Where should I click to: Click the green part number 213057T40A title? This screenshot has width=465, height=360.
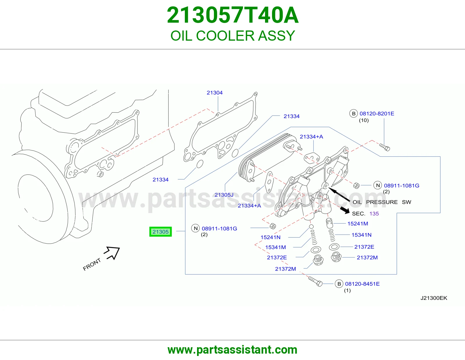pos(233,15)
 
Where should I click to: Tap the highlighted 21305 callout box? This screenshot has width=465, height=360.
pos(160,232)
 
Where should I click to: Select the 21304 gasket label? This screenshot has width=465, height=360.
pos(214,93)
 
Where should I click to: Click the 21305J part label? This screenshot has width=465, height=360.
pos(224,195)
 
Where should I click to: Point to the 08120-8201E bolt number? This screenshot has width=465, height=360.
pos(377,114)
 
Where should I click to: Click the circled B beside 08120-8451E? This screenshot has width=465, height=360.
pos(339,284)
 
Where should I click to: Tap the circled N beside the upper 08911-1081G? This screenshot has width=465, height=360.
pos(378,185)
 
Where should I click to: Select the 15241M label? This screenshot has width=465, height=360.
pos(357,224)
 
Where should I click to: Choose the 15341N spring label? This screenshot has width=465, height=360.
pos(362,235)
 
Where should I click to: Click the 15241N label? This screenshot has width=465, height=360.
pos(270,237)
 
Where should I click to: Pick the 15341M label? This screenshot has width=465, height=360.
pos(276,247)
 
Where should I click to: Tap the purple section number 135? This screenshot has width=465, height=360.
pos(374,214)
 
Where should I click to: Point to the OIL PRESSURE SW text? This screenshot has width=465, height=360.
pos(382,202)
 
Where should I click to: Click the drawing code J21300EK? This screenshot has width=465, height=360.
pos(434,298)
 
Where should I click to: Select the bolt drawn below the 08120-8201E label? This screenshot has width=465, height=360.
pos(384,147)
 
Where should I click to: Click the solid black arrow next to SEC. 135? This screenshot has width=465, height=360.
pos(344,210)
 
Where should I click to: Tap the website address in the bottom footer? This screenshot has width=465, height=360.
pos(233,350)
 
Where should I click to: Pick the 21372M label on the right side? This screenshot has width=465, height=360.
pos(367,258)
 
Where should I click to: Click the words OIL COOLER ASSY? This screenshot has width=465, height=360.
pos(233,36)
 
